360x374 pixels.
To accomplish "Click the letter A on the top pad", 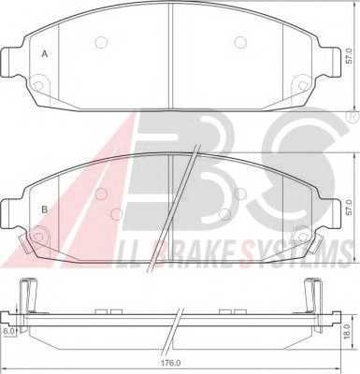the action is [45, 54].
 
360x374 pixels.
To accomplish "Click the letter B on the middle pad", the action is [45, 209].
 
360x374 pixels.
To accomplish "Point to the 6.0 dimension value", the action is [7, 331].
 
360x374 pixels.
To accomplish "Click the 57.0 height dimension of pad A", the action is [349, 56].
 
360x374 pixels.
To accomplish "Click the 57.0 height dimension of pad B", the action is [349, 208].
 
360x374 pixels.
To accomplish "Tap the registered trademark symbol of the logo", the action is [350, 117].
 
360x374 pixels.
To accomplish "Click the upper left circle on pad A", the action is [101, 42].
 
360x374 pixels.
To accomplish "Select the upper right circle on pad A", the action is [240, 42].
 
